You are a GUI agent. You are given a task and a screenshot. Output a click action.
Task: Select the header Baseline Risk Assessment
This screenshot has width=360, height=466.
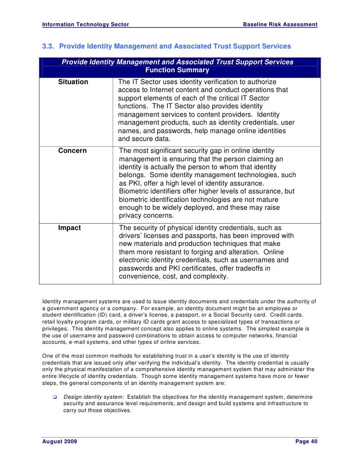tap(281, 25)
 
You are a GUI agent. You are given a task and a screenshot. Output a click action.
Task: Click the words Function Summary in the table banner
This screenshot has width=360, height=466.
tap(177, 70)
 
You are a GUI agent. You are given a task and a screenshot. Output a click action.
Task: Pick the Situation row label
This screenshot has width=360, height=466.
tap(73, 82)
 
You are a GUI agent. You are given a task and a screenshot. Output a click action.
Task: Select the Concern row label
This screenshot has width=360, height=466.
tap(72, 151)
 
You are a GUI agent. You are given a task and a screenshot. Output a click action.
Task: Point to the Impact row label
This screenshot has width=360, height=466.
tap(70, 228)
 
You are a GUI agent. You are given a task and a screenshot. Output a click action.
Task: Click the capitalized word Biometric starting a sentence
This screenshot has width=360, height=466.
tap(136, 191)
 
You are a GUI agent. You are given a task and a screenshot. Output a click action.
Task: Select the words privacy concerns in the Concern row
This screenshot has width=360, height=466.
tap(146, 216)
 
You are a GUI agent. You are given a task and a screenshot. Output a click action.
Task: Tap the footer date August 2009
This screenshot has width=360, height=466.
tap(59, 441)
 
